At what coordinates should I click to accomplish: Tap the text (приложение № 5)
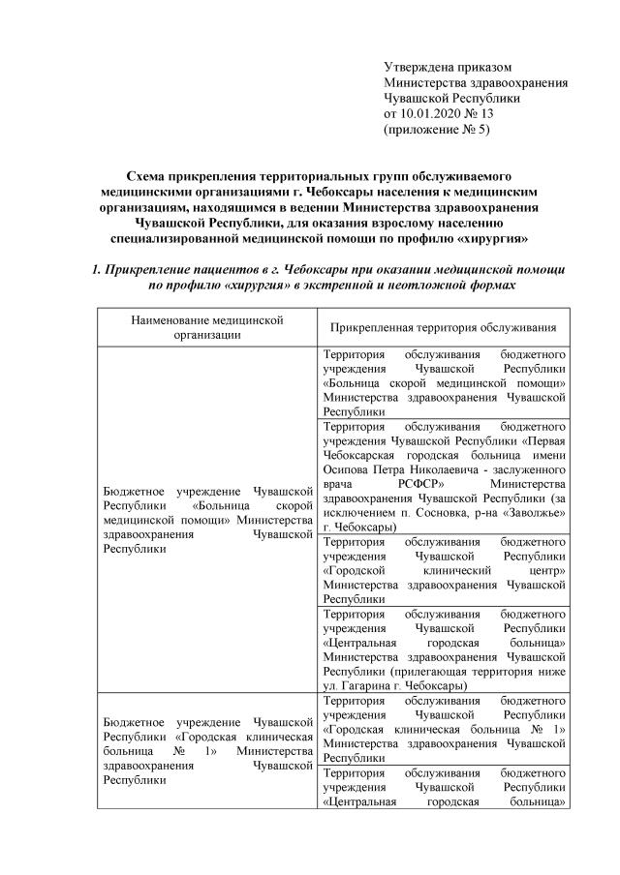pos(438,129)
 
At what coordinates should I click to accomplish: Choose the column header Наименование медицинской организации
pos(201,327)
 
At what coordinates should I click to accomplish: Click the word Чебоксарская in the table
pos(361,446)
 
